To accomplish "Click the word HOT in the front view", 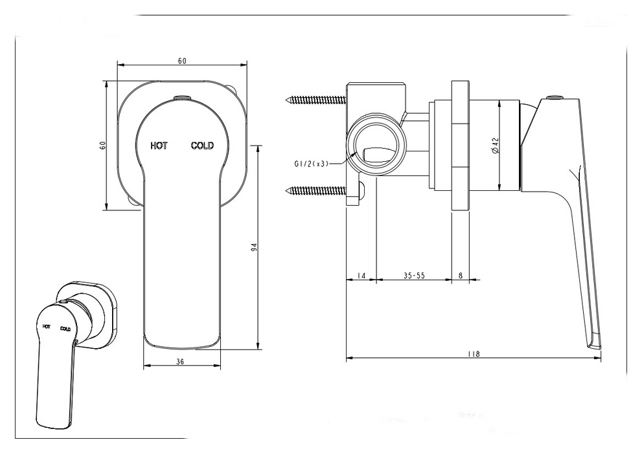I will [159, 146].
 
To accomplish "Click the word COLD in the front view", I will [202, 146].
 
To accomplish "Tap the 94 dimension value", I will [255, 247].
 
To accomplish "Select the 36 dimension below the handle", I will [181, 362].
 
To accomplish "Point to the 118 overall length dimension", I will [474, 353].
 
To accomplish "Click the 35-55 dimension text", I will [414, 276].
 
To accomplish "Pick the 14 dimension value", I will [361, 276].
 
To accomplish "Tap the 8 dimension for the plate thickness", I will [461, 276].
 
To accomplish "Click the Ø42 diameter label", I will [496, 146].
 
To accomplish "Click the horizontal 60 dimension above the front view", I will [182, 61].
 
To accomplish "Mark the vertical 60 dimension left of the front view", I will [102, 145].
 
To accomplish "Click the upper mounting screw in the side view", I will [315, 100].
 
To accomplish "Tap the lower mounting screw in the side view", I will [315, 190].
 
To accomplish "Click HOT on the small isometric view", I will [47, 326].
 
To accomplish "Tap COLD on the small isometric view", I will [65, 329].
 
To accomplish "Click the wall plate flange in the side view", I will [460, 146].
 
